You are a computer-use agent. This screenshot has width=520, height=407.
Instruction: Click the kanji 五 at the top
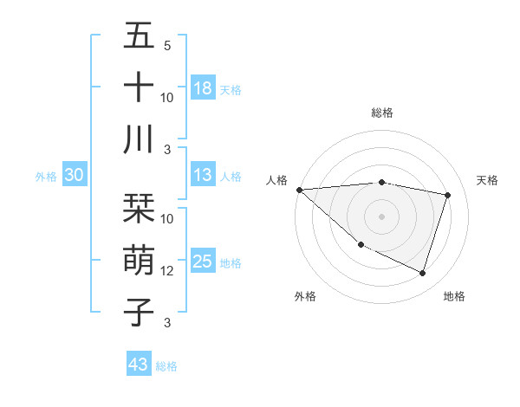coord(139,36)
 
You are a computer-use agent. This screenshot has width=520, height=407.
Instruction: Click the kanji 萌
coord(139,260)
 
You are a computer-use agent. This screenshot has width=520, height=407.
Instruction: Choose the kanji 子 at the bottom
coord(139,311)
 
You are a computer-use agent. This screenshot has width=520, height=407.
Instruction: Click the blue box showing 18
coord(203,88)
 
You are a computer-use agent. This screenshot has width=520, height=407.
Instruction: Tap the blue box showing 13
coord(203,176)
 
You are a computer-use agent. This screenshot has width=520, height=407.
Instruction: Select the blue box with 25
coord(203,262)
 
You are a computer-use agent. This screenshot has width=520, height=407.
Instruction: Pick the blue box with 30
coord(74,176)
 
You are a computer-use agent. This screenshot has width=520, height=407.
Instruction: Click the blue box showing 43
coord(138,365)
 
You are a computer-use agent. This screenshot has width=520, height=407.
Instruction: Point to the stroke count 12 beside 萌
coord(167,271)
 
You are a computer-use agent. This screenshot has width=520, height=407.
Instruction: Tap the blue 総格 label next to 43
coord(166,366)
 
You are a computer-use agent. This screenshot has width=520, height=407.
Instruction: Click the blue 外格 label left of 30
coord(46,177)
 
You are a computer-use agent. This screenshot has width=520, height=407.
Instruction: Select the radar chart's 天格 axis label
coord(488,180)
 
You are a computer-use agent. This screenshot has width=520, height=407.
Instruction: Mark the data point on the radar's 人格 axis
coord(299,189)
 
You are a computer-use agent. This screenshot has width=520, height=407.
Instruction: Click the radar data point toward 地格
coord(423,273)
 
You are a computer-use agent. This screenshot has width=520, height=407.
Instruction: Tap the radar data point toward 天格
coord(447,195)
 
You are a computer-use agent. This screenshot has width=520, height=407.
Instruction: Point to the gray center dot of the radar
coord(381,216)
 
